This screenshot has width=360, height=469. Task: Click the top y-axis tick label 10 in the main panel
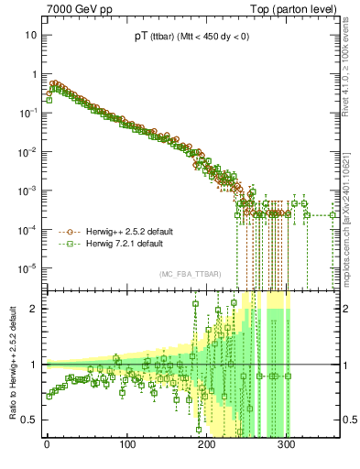click(29, 35)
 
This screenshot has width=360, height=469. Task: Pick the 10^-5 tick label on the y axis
click(28, 267)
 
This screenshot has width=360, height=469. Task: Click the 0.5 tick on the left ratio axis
click(28, 420)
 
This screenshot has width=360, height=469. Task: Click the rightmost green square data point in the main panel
click(333, 215)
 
